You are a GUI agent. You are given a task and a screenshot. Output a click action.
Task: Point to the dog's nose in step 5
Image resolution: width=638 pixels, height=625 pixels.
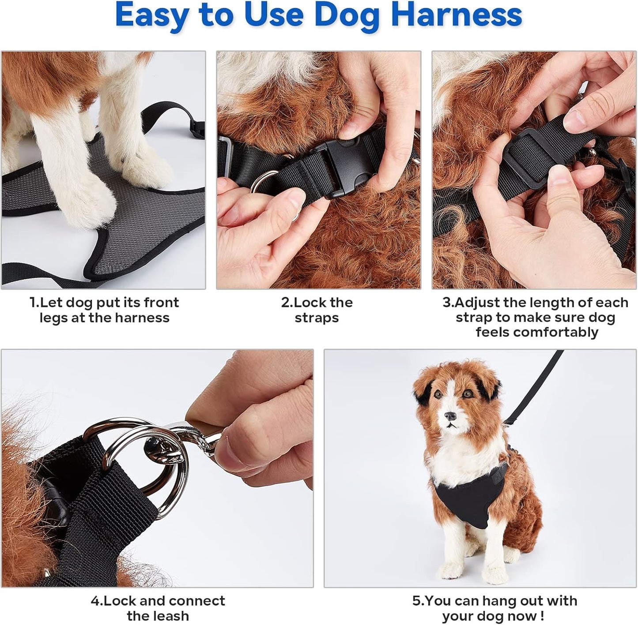[x=450, y=416]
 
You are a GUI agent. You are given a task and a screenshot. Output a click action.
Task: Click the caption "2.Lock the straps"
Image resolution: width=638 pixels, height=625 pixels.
[x=317, y=310]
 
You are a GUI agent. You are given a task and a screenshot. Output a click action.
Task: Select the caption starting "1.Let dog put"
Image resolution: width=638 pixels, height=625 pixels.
[x=104, y=310]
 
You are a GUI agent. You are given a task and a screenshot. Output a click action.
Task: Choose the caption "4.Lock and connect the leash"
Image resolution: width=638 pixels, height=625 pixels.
[x=158, y=608]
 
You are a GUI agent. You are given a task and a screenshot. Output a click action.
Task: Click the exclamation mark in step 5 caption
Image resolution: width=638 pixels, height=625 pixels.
[x=542, y=616]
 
